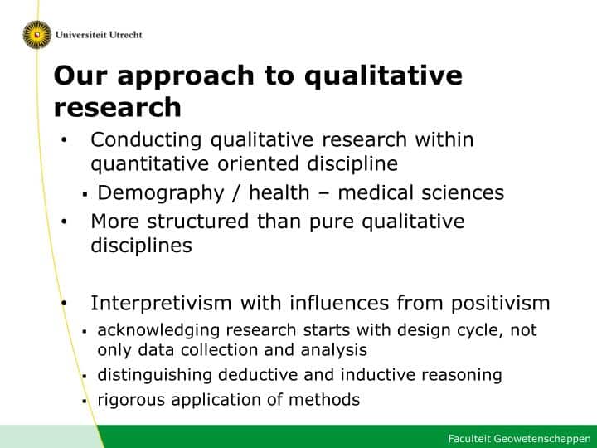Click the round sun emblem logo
(37, 35)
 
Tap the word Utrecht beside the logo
(126, 35)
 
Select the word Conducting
(146, 140)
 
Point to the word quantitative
(149, 164)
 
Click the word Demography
(161, 193)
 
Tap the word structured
(198, 221)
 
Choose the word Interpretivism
(161, 304)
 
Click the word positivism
(500, 304)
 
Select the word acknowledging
(158, 331)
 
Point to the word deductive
(258, 374)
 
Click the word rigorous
(131, 401)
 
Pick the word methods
(324, 400)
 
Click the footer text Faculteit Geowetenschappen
(519, 439)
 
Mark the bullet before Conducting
(64, 140)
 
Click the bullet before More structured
(64, 222)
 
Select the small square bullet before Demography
(85, 195)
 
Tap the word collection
(219, 350)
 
